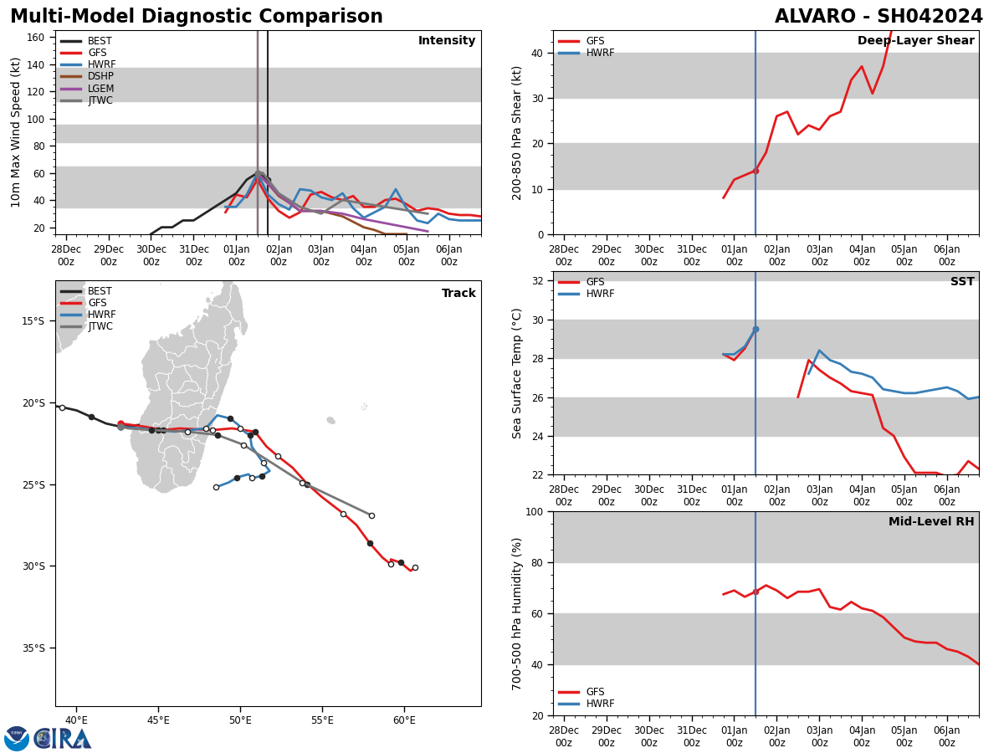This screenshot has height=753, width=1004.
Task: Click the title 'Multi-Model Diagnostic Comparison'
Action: [x=197, y=17]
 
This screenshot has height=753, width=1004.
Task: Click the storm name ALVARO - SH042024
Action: [x=878, y=17]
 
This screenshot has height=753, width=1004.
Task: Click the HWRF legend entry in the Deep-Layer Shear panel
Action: [x=600, y=53]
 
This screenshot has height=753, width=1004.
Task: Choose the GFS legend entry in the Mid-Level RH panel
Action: [x=595, y=692]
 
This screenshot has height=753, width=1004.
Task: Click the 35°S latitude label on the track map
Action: [x=33, y=648]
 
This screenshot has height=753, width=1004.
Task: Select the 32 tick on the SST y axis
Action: [x=539, y=281]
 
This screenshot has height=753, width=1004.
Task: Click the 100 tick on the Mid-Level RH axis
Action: [x=535, y=511]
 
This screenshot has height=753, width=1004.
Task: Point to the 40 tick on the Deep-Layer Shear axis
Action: [x=539, y=53]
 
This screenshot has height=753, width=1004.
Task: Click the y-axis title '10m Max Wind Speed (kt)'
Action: [x=15, y=132]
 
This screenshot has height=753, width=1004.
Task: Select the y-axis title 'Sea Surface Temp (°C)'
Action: [x=517, y=373]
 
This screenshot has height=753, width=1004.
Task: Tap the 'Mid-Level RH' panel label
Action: [x=931, y=522]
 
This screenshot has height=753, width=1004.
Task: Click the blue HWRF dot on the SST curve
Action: [x=756, y=329]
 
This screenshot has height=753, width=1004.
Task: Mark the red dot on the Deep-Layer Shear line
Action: [x=756, y=171]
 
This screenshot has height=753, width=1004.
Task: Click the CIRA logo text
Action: [x=63, y=738]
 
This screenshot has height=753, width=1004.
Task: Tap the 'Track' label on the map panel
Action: [x=458, y=294]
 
